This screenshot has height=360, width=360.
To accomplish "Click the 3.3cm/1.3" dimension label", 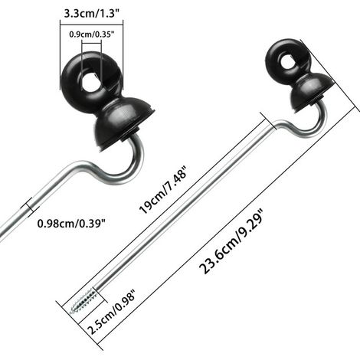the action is pyautogui.click(x=92, y=13).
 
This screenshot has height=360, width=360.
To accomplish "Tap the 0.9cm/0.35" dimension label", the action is pyautogui.click(x=92, y=34).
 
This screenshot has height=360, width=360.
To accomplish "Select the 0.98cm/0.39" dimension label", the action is pyautogui.click(x=71, y=224).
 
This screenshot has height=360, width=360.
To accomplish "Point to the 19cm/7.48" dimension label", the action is pyautogui.click(x=164, y=189).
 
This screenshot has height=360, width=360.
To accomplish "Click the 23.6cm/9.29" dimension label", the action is pyautogui.click(x=231, y=241).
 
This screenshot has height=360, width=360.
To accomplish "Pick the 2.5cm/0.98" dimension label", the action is pyautogui.click(x=111, y=312).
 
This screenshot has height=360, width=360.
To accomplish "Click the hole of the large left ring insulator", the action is pyautogui.click(x=91, y=83).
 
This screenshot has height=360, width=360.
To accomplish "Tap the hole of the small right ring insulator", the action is pyautogui.click(x=289, y=63).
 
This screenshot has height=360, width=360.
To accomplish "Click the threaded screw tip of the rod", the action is pyautogui.click(x=83, y=301).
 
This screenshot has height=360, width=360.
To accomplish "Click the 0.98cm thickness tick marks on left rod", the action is pyautogui.click(x=30, y=207).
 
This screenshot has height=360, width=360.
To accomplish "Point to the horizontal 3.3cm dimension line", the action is pyautogui.click(x=91, y=25).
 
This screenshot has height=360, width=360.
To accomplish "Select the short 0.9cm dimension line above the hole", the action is pyautogui.click(x=91, y=44).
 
